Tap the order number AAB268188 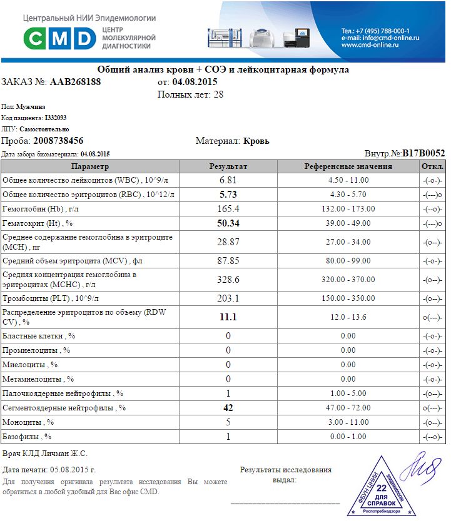75,82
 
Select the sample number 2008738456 58,141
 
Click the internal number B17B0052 423,153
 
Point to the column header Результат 228,166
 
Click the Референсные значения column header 348,166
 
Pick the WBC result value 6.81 228,180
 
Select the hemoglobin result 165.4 228,208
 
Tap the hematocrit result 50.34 228,223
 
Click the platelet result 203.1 228,298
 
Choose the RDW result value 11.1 228,317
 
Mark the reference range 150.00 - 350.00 348,298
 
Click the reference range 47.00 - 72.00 348,408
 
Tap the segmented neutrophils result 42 228,408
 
